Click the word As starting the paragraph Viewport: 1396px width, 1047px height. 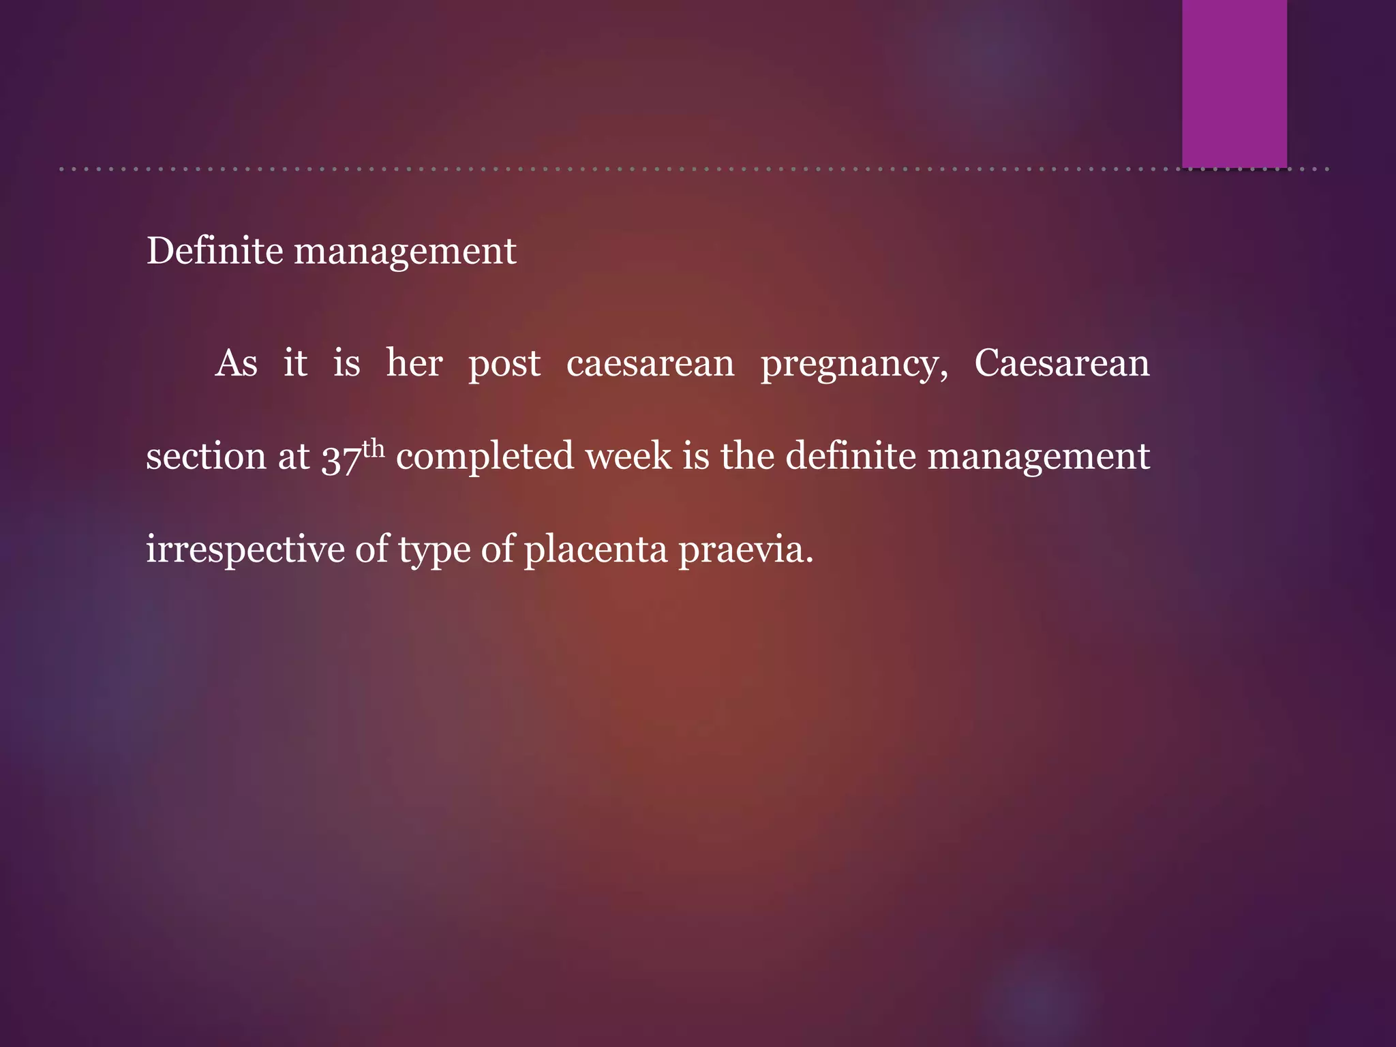tap(236, 363)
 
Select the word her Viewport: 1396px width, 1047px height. tap(414, 363)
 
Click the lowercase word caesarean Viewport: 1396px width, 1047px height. tap(650, 364)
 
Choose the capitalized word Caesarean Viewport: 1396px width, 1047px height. tap(1062, 363)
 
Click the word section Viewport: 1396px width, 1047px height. tap(207, 456)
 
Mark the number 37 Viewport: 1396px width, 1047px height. tap(341, 458)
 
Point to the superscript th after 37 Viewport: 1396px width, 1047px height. tap(374, 449)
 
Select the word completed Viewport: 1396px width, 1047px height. tap(485, 457)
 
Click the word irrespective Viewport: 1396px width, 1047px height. tap(245, 550)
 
